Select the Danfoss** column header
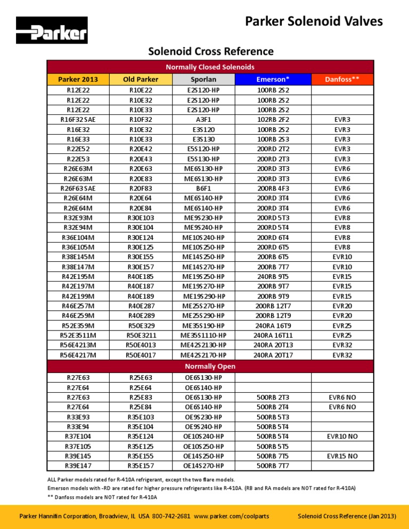pyautogui.click(x=342, y=79)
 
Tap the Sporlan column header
pyautogui.click(x=203, y=79)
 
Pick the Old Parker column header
pyautogui.click(x=141, y=79)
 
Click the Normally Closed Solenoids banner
pyautogui.click(x=209, y=67)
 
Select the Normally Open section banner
pyautogui.click(x=209, y=366)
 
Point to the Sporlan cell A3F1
pyautogui.click(x=203, y=120)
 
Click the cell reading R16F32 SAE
pyautogui.click(x=78, y=120)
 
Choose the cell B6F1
pyautogui.click(x=203, y=188)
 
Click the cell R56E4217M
pyautogui.click(x=78, y=355)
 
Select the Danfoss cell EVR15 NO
pyautogui.click(x=341, y=456)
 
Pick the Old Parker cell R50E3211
pyautogui.click(x=141, y=335)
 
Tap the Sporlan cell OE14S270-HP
pyautogui.click(x=203, y=466)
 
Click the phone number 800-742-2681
pyautogui.click(x=172, y=516)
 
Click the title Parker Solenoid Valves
pyautogui.click(x=313, y=21)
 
